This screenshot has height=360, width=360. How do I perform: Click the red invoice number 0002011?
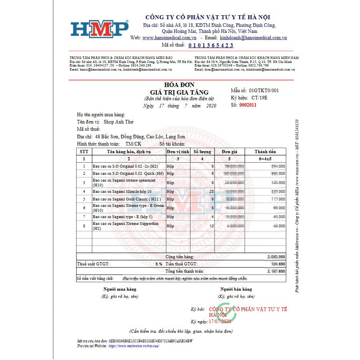coord(248,105)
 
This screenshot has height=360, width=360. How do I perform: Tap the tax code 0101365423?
coord(210,45)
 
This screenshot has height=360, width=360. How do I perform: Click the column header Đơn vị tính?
coord(178,152)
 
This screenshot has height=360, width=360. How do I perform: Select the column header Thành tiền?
coord(265,152)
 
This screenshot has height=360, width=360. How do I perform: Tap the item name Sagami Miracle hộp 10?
coord(122,191)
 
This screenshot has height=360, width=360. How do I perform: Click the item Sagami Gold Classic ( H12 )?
coord(126,199)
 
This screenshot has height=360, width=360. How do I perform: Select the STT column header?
coord(84,152)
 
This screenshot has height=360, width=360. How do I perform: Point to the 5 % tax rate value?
coord(159,264)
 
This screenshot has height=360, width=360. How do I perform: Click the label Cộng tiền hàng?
coord(180,257)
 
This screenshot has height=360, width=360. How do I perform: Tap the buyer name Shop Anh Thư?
coord(118,122)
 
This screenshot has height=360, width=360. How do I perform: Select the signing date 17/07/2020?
coord(220,322)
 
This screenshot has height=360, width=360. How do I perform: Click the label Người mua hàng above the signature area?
coord(120,289)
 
